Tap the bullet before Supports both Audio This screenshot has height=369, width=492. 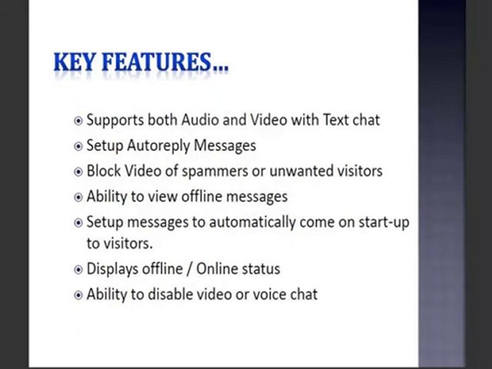[x=78, y=121]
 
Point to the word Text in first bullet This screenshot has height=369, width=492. [x=336, y=120]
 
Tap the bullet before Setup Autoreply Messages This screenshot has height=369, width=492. [x=78, y=147]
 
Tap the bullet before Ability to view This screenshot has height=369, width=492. [x=78, y=197]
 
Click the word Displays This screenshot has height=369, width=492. [x=112, y=269]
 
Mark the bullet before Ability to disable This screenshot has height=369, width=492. [x=78, y=295]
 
